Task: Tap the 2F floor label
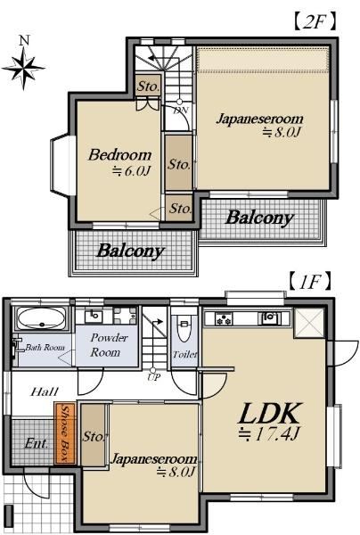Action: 315,21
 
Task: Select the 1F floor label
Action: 310,282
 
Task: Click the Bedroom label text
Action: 119,155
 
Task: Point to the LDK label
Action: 271,413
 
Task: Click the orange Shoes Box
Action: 65,433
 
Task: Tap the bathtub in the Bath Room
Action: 41,318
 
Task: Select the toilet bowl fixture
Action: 184,328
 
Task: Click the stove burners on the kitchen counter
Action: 224,319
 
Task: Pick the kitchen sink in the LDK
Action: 269,318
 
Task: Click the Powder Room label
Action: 106,345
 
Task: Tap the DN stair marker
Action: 180,111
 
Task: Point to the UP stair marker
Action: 153,377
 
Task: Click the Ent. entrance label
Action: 37,443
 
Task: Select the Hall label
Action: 45,391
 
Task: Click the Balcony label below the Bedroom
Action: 131,251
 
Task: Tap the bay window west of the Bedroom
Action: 62,166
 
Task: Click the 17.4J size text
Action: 269,434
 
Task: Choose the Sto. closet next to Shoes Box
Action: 94,435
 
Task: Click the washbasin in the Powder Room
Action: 93,316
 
